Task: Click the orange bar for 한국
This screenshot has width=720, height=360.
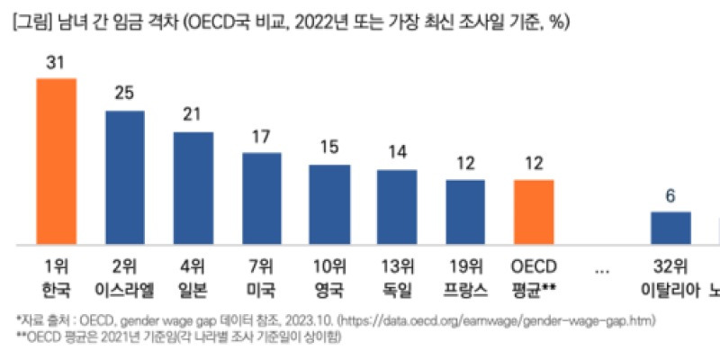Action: point(56,161)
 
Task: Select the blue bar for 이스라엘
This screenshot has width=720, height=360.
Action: point(125,177)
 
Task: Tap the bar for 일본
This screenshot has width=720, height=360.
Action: point(193,188)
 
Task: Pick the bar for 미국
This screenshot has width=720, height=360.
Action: point(261,198)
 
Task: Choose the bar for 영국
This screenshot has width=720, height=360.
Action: point(329,204)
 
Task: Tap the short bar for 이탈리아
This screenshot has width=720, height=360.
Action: point(670,228)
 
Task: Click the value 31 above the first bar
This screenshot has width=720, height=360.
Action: point(56,63)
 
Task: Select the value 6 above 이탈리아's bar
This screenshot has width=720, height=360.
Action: point(670,195)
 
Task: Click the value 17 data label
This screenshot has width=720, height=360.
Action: point(261,138)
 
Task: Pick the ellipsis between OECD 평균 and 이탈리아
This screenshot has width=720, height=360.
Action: point(602,267)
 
